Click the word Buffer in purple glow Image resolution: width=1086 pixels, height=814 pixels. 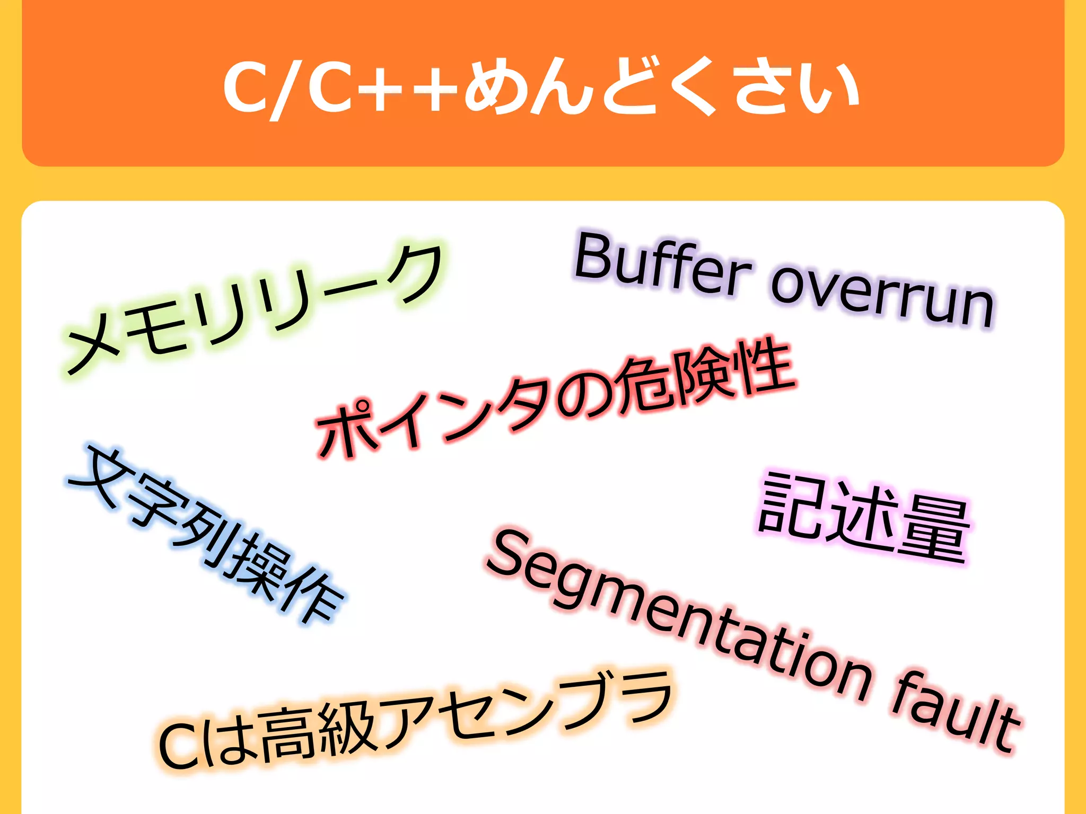(663, 268)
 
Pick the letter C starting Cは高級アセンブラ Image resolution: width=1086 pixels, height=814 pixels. (178, 745)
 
